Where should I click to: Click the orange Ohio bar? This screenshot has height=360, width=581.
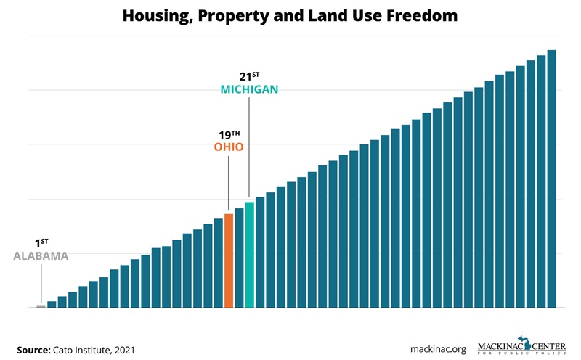(229, 261)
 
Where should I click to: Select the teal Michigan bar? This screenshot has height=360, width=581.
(249, 255)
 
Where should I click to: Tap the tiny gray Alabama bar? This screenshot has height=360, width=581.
(41, 306)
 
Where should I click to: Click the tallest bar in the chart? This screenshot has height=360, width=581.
(551, 179)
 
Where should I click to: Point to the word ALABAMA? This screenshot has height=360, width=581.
(41, 256)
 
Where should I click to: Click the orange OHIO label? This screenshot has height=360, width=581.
(229, 147)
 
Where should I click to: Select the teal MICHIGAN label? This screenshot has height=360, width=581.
(249, 89)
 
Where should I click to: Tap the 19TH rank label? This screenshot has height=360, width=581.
(229, 134)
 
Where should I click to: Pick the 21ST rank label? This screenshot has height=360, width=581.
(249, 76)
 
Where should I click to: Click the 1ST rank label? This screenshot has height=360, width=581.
(41, 243)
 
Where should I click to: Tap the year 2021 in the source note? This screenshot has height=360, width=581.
(123, 349)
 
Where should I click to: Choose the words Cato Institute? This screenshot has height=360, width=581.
(81, 349)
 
